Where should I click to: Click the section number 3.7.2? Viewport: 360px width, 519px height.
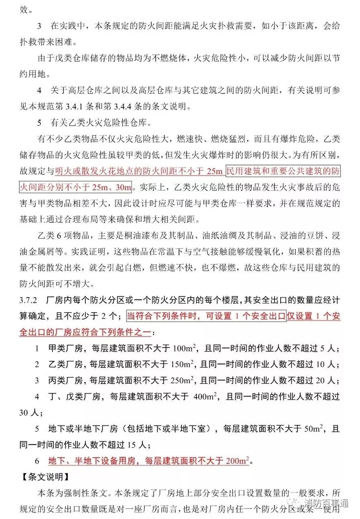click(x=28, y=302)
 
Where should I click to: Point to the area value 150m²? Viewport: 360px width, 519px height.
click(x=180, y=363)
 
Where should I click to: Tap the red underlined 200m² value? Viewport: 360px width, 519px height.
click(x=237, y=461)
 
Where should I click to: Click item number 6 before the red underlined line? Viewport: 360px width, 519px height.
click(x=37, y=461)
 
